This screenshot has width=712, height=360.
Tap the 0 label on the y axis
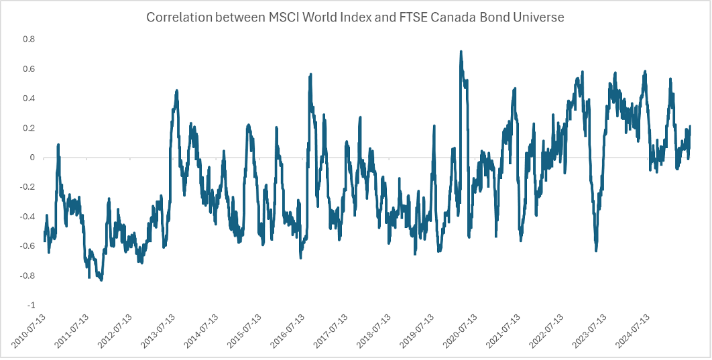click(31, 158)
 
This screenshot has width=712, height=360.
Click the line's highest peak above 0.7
click(461, 51)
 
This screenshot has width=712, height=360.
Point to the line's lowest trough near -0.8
click(101, 280)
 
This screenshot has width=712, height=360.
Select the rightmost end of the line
click(691, 127)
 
